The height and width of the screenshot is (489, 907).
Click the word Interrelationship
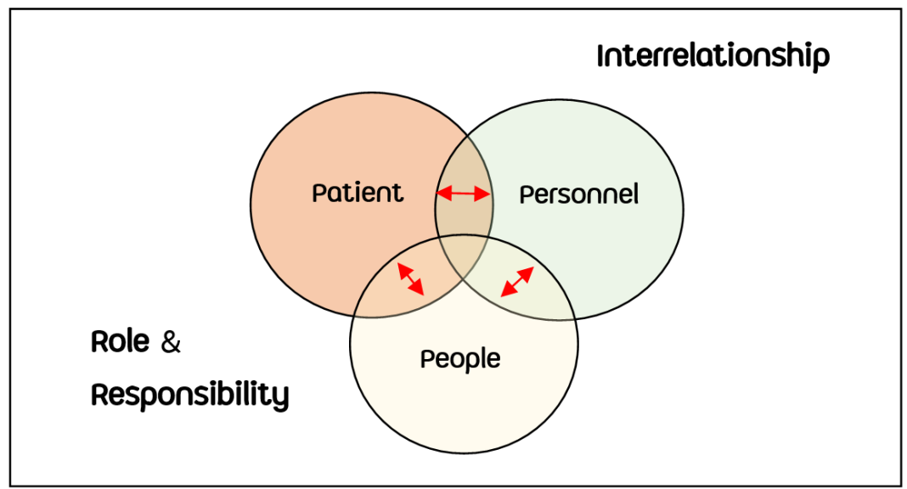click(x=713, y=57)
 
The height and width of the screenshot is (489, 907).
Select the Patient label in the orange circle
click(x=358, y=193)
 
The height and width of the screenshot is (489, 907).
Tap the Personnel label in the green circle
click(x=578, y=194)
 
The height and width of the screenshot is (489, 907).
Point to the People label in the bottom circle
click(x=460, y=359)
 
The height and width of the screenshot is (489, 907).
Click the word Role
click(x=120, y=342)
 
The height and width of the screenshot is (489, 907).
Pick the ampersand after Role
click(x=171, y=343)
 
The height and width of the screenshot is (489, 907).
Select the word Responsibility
click(x=189, y=395)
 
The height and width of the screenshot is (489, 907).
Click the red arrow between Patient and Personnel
click(x=464, y=194)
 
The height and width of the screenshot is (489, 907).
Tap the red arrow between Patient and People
click(x=410, y=278)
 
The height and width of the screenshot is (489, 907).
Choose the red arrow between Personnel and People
click(x=517, y=282)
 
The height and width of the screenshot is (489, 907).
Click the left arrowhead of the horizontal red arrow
click(x=441, y=194)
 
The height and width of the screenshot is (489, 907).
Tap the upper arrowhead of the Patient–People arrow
click(x=401, y=267)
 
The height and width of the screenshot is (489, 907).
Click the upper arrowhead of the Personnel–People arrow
click(x=529, y=271)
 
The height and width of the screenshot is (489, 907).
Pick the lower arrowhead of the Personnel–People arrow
click(x=505, y=293)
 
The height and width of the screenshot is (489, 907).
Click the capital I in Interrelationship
click(x=601, y=56)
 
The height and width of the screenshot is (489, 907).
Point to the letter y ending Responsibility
click(x=281, y=397)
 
